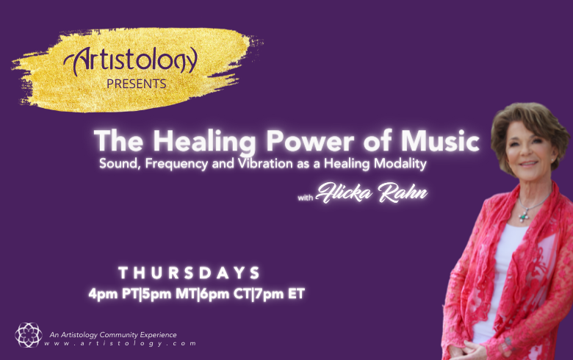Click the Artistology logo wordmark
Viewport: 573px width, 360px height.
pos(131,60)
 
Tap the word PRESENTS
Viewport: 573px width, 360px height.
pos(137,84)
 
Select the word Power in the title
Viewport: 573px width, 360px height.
pos(310,141)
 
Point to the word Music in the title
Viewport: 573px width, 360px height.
pos(440,141)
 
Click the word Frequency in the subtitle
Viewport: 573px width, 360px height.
pos(176,164)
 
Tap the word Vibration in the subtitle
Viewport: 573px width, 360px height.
pos(265,163)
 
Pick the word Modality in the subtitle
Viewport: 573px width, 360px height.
pos(400,164)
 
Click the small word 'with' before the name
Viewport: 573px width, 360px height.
pos(306,198)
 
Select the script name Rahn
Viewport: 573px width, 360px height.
pos(403,193)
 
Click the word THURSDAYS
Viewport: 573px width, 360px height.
pos(189,273)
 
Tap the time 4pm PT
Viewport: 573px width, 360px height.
pos(113,294)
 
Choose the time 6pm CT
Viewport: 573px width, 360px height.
pos(225,294)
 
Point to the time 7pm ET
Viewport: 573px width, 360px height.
pos(280,294)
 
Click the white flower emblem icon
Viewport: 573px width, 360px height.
pos(28,335)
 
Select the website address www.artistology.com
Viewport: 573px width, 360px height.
pos(120,344)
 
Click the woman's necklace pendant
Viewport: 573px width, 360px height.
pos(524,216)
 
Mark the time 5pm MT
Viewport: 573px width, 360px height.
pos(169,294)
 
